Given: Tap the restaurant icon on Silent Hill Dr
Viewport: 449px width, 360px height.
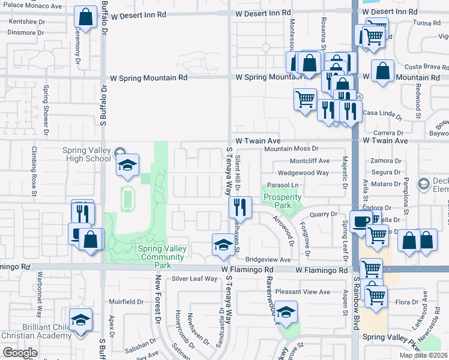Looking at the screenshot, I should (239, 208).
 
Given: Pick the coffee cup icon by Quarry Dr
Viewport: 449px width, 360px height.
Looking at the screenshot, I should (361, 221).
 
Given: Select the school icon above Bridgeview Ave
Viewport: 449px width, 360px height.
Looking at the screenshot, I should (223, 244).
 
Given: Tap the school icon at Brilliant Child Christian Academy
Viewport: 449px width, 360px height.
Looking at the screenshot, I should (80, 321).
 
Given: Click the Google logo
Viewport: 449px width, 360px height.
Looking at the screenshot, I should (20, 353).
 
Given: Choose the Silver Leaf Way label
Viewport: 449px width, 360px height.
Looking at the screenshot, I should (194, 278).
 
